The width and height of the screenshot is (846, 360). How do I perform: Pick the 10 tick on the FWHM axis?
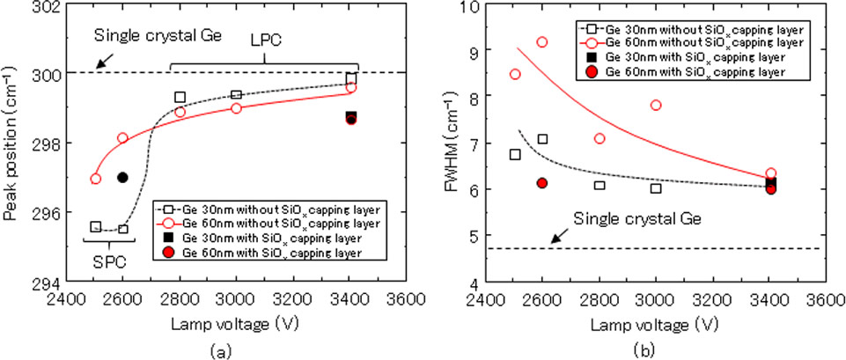click(x=468, y=7)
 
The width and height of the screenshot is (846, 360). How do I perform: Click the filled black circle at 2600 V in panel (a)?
click(x=122, y=177)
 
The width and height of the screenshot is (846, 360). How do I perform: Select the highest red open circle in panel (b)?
click(x=542, y=42)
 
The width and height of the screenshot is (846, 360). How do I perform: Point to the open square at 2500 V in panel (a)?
click(x=95, y=227)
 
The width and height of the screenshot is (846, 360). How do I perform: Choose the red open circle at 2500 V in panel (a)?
click(x=95, y=179)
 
